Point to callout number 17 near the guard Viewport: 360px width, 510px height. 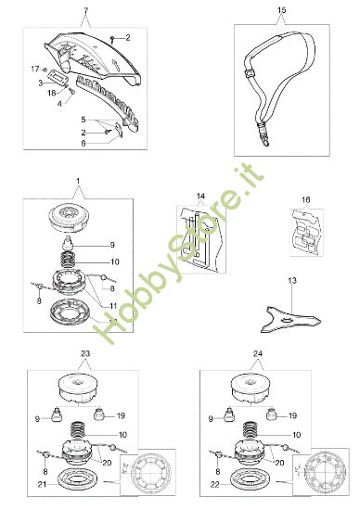click(x=34, y=70)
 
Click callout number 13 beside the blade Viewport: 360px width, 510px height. click(x=291, y=278)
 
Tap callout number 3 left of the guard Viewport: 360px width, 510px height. click(x=41, y=83)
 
